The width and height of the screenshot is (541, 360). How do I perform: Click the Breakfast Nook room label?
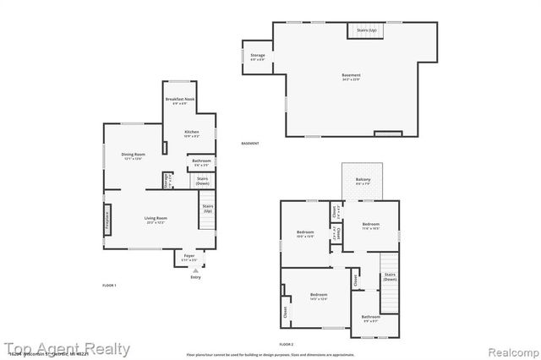coord(180,101)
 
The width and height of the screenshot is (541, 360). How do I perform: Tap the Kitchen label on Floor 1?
coord(192,132)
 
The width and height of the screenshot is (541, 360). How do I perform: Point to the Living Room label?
coord(156,218)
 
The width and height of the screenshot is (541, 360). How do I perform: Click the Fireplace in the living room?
coord(107,218)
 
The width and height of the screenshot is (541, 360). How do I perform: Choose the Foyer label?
coord(189,257)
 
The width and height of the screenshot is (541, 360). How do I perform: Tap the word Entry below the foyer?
coord(195,277)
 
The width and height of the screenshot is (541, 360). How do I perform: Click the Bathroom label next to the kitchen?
coord(201,161)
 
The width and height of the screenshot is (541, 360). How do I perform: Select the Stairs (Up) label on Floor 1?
coord(207,208)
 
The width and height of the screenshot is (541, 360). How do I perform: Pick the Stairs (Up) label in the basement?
coord(366,30)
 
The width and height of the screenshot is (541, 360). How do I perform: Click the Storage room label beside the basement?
coord(257,57)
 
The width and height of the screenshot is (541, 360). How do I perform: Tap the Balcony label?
coord(362,179)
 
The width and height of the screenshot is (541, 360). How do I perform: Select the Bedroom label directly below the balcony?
coord(370,226)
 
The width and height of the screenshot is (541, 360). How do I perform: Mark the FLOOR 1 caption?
coord(109,286)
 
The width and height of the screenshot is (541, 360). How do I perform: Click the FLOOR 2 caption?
coord(287,344)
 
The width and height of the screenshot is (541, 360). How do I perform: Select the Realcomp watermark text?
coord(509,349)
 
